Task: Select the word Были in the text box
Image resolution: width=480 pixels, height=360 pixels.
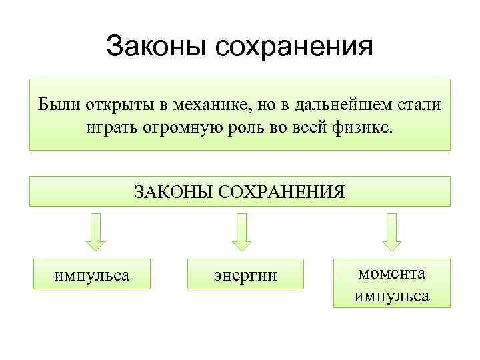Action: click(x=55, y=105)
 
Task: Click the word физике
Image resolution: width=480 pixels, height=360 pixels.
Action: click(x=364, y=126)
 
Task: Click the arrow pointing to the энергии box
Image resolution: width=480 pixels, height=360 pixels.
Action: click(x=240, y=231)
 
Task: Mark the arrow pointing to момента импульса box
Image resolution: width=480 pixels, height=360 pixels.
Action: click(x=391, y=231)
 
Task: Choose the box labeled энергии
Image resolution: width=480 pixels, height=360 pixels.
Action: click(x=245, y=275)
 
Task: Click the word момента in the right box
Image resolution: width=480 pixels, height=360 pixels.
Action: click(x=392, y=273)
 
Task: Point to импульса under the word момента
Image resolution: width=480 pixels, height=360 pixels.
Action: click(x=392, y=295)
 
